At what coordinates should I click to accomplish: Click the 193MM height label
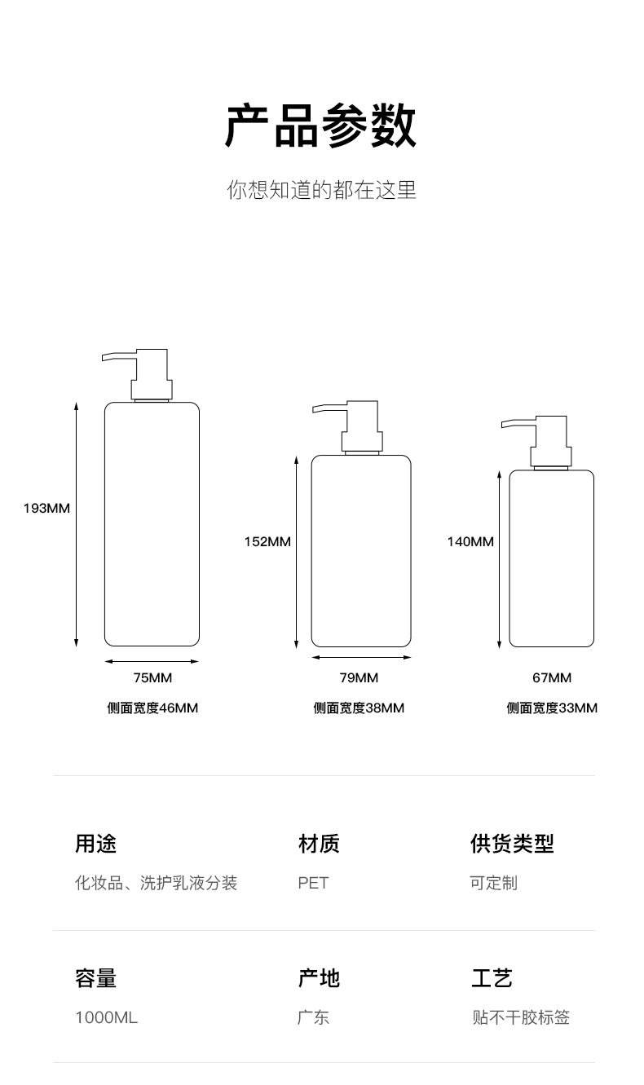click(46, 508)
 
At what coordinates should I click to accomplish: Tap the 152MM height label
click(267, 541)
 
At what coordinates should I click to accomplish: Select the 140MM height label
click(470, 541)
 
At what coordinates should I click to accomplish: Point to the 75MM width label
click(152, 677)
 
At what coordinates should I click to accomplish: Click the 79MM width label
click(359, 677)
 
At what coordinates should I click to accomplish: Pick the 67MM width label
click(552, 677)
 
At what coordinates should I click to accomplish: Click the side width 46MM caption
click(152, 708)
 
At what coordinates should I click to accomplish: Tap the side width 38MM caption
click(359, 708)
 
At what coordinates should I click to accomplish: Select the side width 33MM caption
click(552, 708)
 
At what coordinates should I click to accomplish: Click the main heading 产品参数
click(320, 126)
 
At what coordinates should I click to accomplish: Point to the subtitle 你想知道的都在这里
click(321, 189)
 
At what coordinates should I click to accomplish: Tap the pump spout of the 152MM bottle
click(328, 408)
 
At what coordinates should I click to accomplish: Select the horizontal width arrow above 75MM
click(152, 661)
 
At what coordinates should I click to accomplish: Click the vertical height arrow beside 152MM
click(297, 552)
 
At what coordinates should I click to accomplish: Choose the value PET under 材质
click(313, 883)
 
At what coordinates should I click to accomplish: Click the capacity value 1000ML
click(107, 1017)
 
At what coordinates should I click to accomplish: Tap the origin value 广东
click(313, 1017)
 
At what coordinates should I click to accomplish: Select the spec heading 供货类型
click(512, 843)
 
